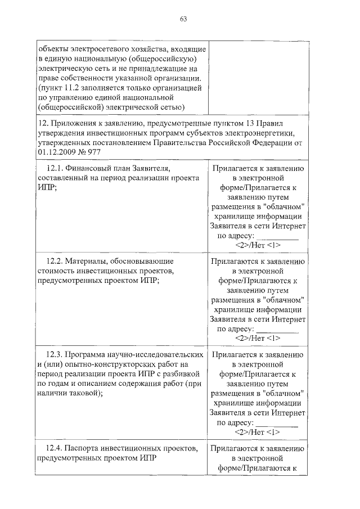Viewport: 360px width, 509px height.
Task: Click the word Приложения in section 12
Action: (x=72, y=124)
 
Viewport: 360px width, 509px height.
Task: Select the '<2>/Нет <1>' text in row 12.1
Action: (x=258, y=245)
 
